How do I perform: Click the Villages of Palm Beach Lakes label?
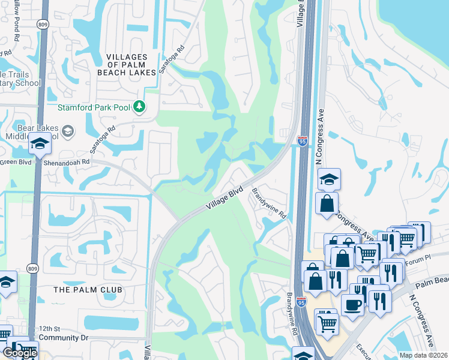tap(131, 64)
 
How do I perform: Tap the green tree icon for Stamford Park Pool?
tap(139, 107)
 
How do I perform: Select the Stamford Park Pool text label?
tap(95, 108)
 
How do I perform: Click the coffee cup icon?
tap(353, 303)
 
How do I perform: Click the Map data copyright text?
tap(424, 355)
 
